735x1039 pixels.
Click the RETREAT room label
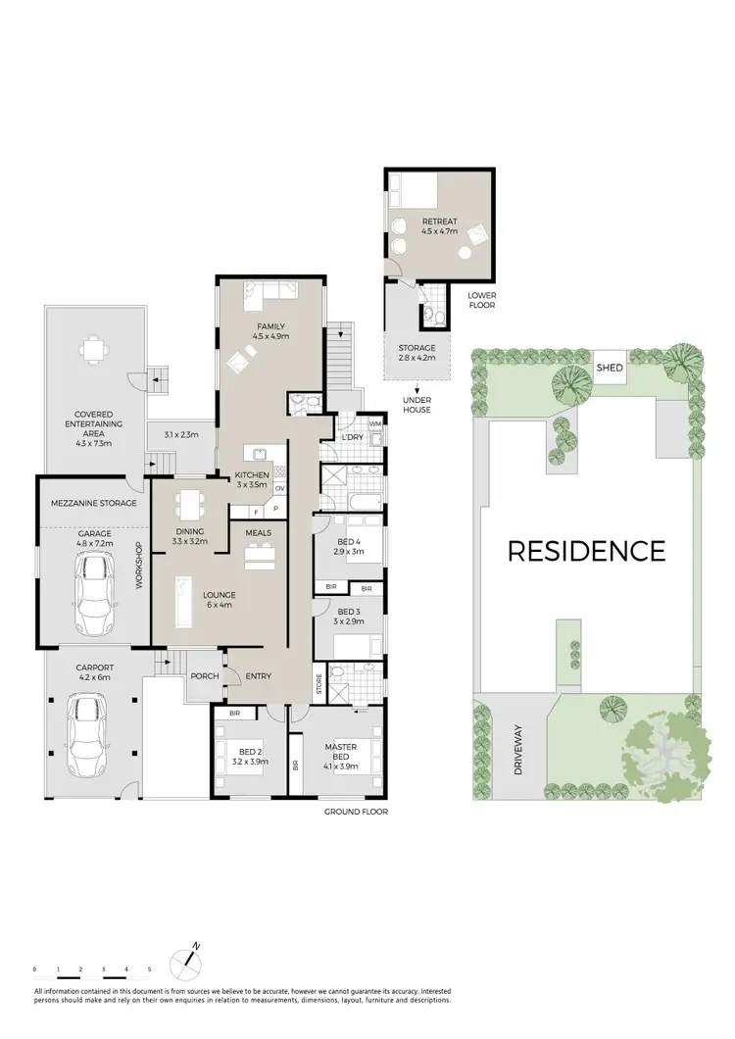[440, 222]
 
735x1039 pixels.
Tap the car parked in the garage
[94, 594]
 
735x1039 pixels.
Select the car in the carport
[88, 734]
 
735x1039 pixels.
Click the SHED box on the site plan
[609, 369]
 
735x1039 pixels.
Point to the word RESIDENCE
[586, 550]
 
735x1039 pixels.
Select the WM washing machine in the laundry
[373, 423]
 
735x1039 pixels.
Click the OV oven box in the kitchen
[280, 488]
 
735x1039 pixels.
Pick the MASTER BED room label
[342, 751]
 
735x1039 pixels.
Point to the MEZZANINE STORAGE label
[94, 503]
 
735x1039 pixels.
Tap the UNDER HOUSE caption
[416, 404]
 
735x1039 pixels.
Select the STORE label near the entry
[318, 684]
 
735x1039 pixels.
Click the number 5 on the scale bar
[149, 969]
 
